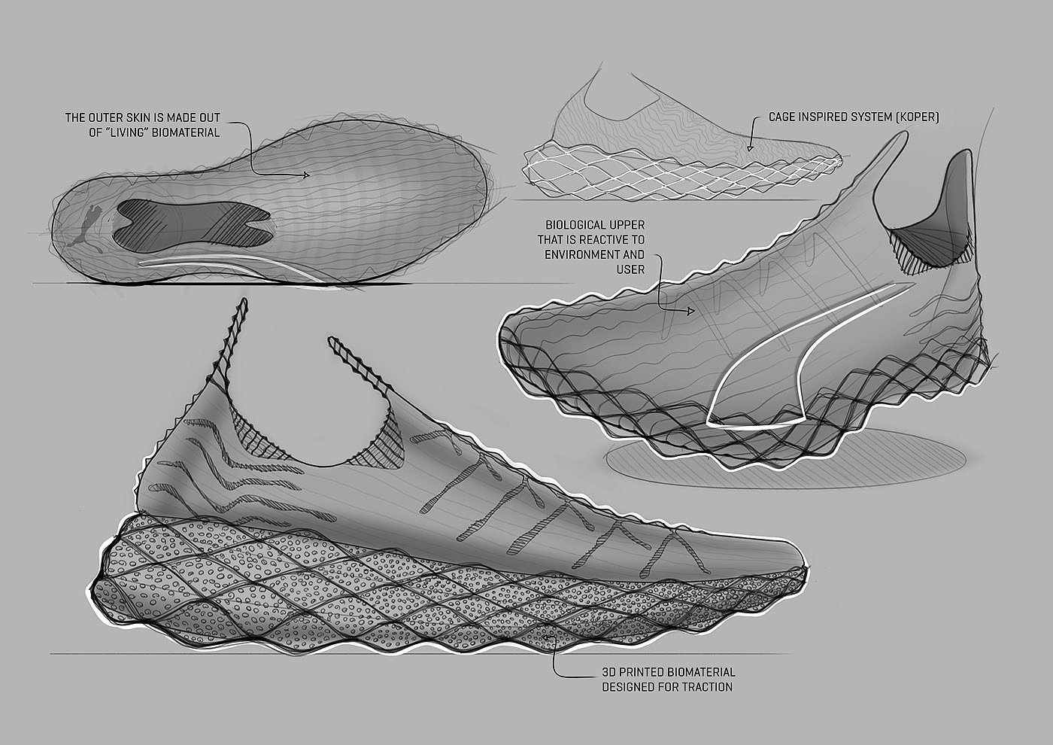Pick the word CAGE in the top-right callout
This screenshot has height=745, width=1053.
(x=783, y=117)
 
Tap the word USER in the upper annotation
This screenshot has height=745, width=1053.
(x=630, y=269)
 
